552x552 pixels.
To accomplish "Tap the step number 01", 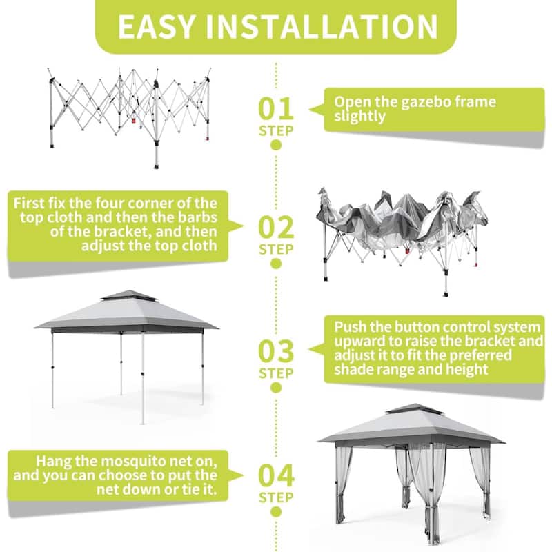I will [x=276, y=108].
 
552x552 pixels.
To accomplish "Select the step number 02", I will [x=276, y=227].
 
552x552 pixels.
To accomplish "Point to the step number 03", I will [x=276, y=351].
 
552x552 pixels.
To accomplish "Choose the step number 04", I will [x=276, y=475].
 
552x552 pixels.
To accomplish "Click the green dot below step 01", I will [x=276, y=146].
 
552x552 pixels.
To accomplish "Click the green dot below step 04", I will [x=276, y=512].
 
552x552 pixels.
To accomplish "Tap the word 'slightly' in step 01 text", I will [x=359, y=117].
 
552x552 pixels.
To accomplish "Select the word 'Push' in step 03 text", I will [x=349, y=327].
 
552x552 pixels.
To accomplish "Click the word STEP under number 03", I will [x=276, y=373].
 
